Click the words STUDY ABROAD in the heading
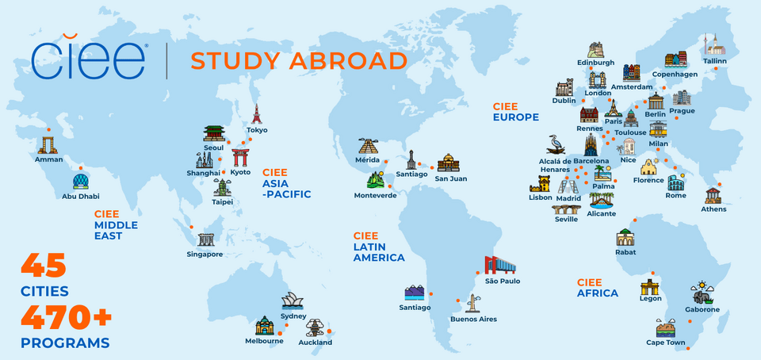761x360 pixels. tap(299, 61)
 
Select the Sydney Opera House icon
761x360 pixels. tap(293, 301)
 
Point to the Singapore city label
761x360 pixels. tap(205, 255)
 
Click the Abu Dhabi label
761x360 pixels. tap(81, 196)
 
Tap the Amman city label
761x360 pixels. tap(49, 159)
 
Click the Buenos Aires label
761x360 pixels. tap(473, 319)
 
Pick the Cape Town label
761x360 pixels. tap(665, 343)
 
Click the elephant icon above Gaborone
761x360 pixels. tap(702, 293)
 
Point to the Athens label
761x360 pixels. tap(713, 209)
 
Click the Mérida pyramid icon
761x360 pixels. tap(368, 146)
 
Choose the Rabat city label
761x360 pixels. tap(625, 252)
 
